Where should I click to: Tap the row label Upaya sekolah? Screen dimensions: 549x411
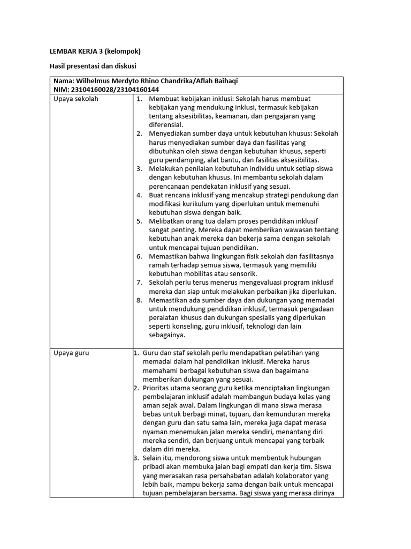(76, 99)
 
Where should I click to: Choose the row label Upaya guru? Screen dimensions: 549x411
(72, 353)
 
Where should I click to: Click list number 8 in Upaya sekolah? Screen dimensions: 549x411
(139, 300)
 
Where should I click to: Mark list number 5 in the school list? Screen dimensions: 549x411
(139, 221)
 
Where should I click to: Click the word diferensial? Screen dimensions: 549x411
(166, 125)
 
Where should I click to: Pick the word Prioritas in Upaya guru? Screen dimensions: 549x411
(157, 388)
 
